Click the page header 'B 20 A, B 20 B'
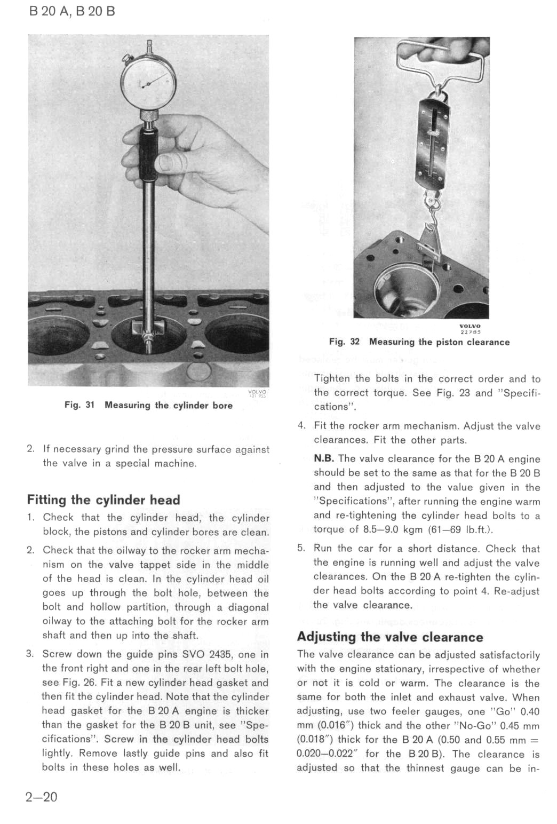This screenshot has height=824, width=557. click(x=72, y=11)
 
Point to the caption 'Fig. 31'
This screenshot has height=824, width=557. click(x=79, y=405)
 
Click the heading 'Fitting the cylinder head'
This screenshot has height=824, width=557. click(x=104, y=500)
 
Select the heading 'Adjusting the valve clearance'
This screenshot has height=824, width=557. click(x=390, y=637)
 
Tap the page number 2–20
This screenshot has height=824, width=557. click(x=41, y=797)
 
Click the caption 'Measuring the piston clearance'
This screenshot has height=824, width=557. click(x=439, y=342)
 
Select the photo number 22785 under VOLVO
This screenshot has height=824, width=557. click(x=471, y=332)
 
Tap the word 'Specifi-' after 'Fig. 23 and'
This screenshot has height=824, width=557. click(x=518, y=393)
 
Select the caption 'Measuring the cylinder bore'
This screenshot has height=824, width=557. click(x=169, y=405)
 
